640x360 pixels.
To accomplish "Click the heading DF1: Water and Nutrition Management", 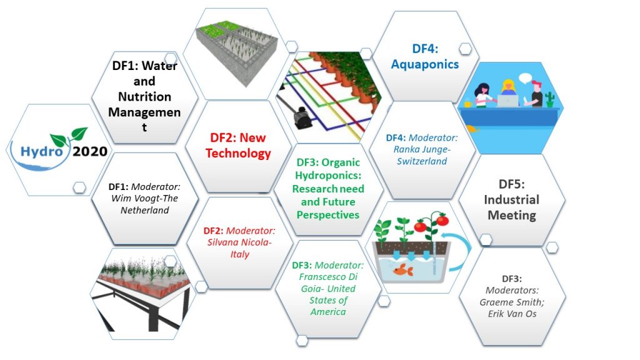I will tap(144, 96).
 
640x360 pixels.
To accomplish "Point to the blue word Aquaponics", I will tap(426, 64).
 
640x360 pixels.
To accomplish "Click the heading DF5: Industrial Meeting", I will tap(512, 199).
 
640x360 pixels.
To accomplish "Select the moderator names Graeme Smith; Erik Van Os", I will tap(512, 307).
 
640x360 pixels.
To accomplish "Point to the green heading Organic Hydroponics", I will tap(329, 188).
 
